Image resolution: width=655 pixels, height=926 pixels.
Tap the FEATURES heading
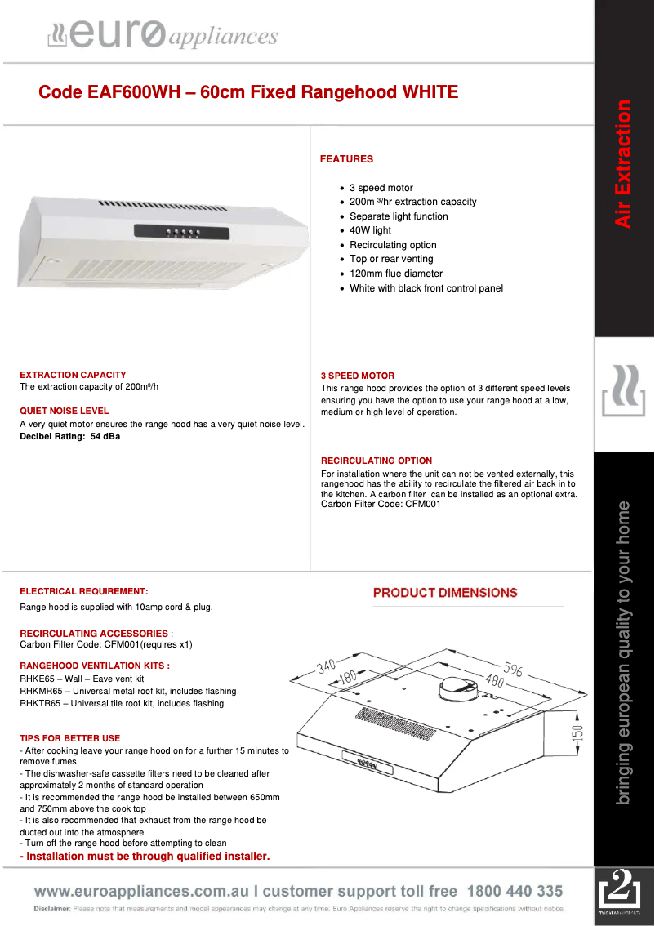point(346,159)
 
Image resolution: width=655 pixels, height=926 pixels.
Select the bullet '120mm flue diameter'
point(395,274)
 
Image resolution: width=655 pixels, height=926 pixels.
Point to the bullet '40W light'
point(370,230)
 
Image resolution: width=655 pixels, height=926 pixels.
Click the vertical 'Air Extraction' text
point(623,163)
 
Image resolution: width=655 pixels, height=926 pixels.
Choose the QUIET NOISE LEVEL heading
point(64,411)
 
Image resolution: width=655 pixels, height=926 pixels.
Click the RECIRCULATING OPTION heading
point(377,461)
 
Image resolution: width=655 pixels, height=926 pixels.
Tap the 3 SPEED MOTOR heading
point(358,376)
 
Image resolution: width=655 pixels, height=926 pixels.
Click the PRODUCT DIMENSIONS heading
point(445,593)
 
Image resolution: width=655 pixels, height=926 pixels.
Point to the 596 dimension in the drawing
point(513,670)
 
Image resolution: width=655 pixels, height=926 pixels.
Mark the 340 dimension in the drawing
point(326,666)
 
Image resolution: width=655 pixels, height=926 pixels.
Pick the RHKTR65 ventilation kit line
point(121,703)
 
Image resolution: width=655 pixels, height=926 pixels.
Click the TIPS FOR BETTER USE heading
point(69,738)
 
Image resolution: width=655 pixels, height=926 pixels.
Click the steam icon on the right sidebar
point(623,392)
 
